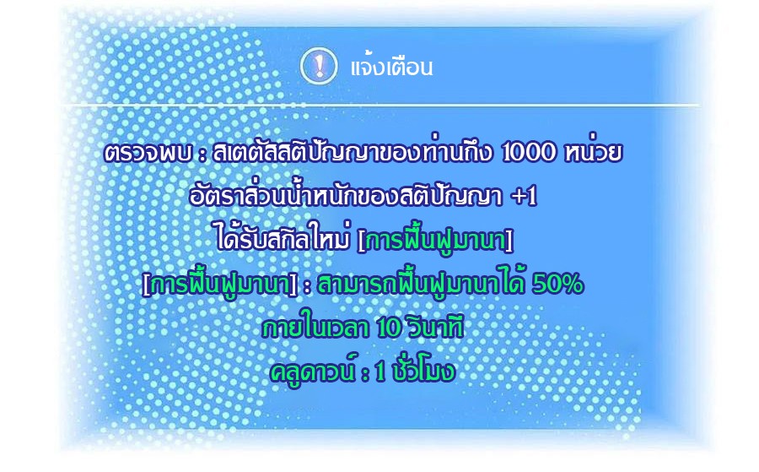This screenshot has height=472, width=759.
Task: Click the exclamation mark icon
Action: (319, 66)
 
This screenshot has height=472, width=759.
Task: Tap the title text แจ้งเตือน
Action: (391, 68)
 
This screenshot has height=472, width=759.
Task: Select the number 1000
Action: (529, 153)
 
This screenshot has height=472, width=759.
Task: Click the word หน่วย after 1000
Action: (593, 152)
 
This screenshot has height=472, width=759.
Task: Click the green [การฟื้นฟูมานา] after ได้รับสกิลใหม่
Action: (434, 240)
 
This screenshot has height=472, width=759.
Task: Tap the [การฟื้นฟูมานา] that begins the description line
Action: (219, 284)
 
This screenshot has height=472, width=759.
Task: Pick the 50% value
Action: (557, 285)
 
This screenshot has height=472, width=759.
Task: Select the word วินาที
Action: (436, 327)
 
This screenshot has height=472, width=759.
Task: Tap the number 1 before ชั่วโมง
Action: (381, 372)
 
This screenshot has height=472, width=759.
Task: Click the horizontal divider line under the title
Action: (381, 105)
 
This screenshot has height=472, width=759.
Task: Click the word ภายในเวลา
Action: (316, 328)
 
